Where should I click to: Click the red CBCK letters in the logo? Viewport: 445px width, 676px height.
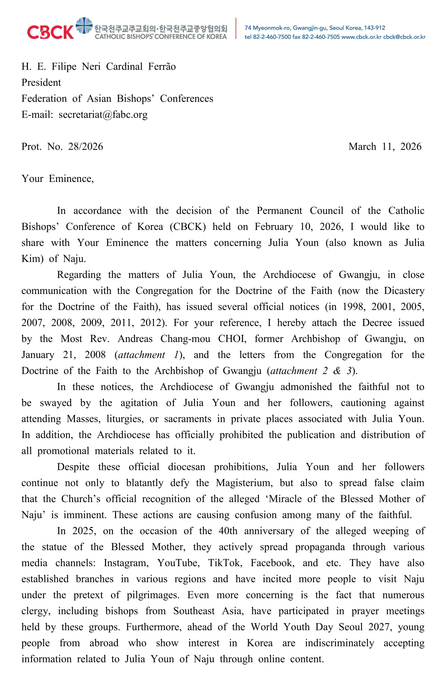click(50, 32)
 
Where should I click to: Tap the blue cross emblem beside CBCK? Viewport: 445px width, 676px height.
click(84, 25)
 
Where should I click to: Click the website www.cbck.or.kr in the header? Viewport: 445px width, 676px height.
click(361, 37)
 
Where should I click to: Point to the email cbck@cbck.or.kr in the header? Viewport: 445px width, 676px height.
click(404, 37)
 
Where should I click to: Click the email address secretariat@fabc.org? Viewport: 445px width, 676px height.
click(103, 115)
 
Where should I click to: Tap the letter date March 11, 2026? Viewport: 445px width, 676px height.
click(385, 147)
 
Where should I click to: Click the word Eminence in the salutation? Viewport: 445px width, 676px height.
click(71, 179)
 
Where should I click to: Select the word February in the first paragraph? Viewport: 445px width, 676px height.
click(274, 227)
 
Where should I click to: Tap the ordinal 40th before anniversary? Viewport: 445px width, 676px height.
click(228, 531)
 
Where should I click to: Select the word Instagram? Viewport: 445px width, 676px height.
click(126, 563)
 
